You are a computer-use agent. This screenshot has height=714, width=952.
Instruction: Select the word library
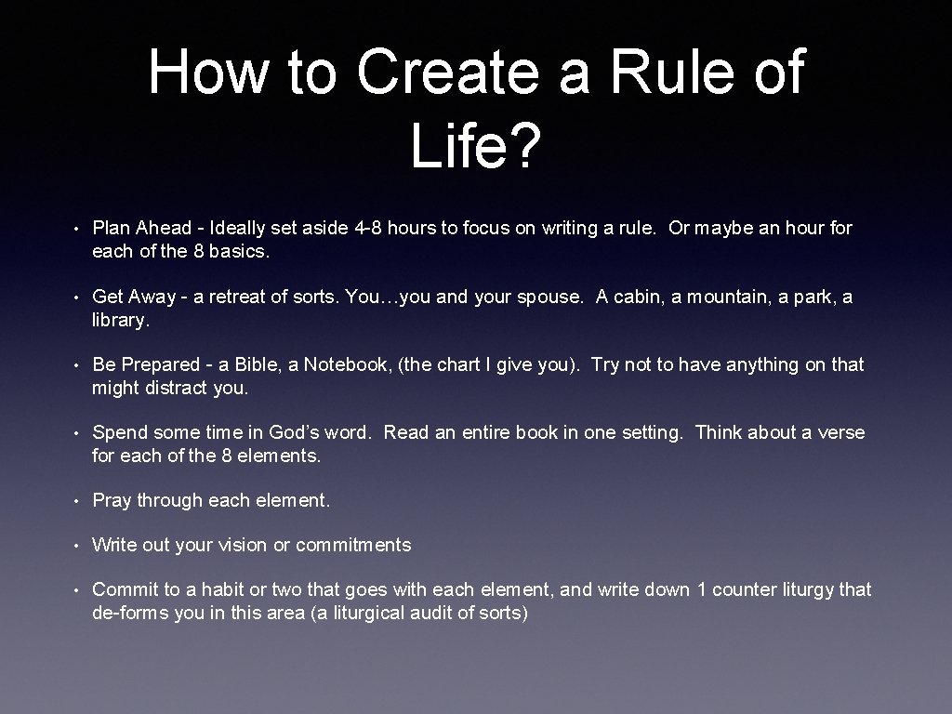click(x=120, y=320)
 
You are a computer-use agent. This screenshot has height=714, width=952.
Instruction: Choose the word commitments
click(x=353, y=545)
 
